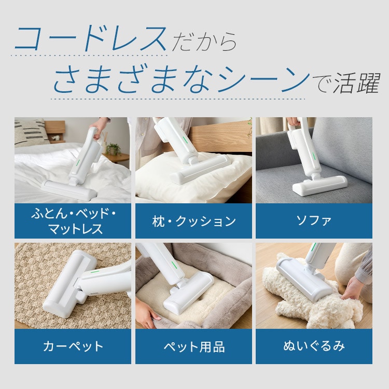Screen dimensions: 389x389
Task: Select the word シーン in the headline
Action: [263, 79]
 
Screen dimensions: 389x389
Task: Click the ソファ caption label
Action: [314, 220]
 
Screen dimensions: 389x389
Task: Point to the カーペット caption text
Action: [73, 346]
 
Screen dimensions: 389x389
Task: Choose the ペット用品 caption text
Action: [194, 346]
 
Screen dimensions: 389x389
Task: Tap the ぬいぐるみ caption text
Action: [314, 346]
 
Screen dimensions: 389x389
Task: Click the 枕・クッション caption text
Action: [194, 221]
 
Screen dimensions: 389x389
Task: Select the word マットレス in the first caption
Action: [76, 229]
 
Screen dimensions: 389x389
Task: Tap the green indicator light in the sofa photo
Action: [314, 156]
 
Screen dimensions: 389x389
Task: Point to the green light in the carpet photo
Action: [95, 271]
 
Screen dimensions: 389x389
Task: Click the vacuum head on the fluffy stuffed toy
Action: [304, 279]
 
